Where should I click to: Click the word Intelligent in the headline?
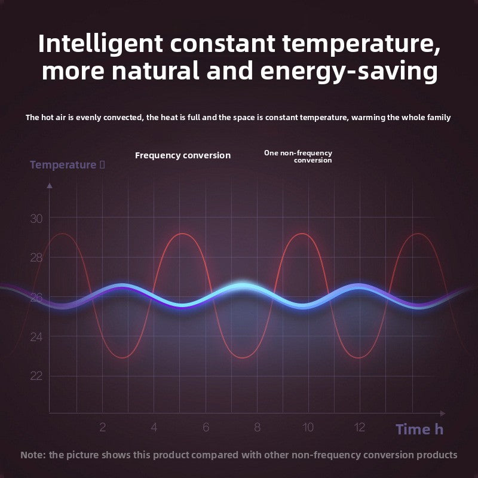click(100, 44)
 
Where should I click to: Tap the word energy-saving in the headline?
click(349, 71)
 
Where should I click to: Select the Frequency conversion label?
click(183, 155)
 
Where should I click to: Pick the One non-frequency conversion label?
click(298, 157)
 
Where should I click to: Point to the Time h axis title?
click(419, 429)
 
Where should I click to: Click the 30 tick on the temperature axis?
click(36, 219)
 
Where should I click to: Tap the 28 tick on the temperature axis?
click(36, 258)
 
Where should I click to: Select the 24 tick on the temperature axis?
click(36, 337)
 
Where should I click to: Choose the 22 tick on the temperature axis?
click(36, 376)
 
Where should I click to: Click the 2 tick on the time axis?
click(102, 427)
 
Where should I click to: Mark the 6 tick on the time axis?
click(206, 427)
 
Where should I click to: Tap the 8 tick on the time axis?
click(258, 427)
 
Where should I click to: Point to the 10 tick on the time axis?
click(308, 427)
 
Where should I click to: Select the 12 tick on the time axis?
click(360, 427)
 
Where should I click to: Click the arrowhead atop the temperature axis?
click(50, 185)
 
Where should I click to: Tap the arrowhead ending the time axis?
click(443, 413)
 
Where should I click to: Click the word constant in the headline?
click(222, 44)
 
